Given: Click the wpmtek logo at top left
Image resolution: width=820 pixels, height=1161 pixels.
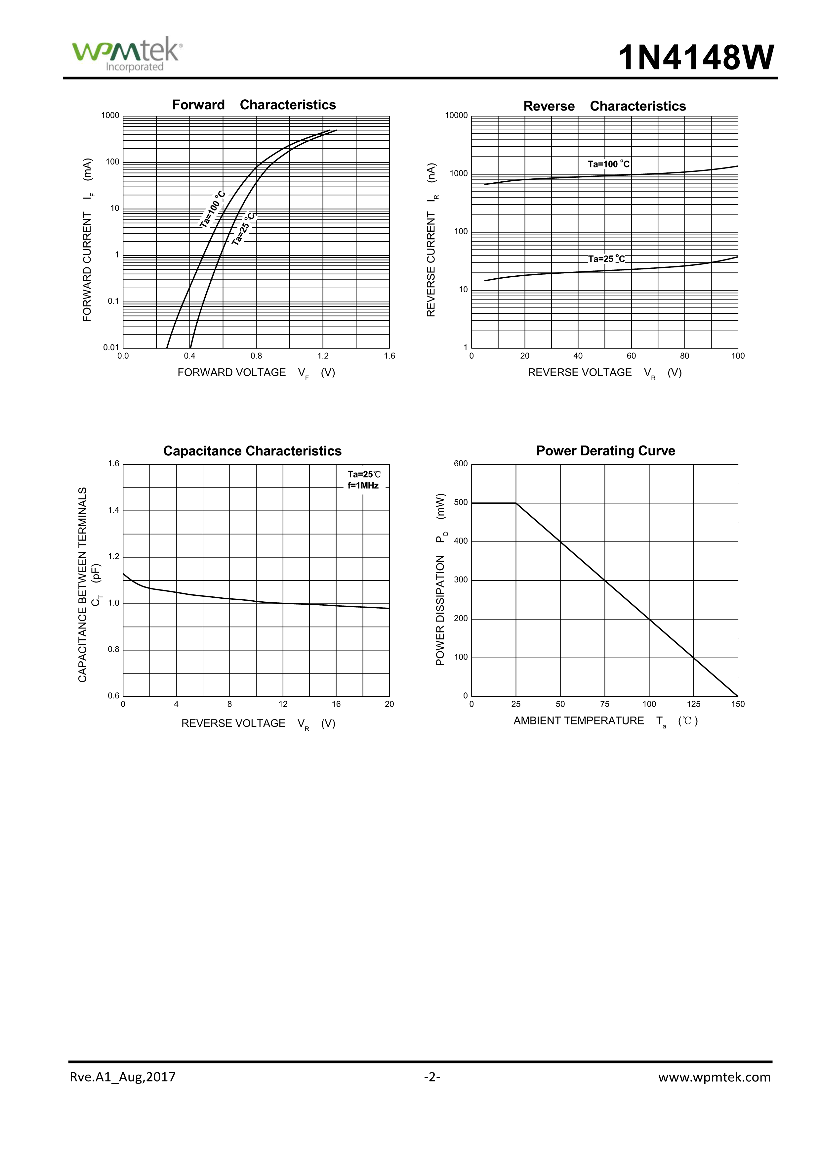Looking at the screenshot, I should (x=127, y=54).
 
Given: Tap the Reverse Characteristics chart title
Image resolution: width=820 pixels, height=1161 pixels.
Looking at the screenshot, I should (x=604, y=106).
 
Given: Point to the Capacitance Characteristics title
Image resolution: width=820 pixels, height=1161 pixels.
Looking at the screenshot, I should (x=252, y=451).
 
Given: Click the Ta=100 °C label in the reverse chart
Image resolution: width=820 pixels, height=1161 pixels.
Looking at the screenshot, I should (x=608, y=164).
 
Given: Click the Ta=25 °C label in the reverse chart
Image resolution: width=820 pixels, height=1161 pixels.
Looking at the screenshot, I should (x=606, y=259).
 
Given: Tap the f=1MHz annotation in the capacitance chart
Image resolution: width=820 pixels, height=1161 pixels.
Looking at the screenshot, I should (x=363, y=486).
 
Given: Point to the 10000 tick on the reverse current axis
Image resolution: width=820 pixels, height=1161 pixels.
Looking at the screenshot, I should (x=456, y=115).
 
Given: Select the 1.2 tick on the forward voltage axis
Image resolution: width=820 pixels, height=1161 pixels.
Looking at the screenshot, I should (x=323, y=356).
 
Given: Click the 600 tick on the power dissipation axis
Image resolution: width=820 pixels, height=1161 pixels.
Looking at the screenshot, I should (x=461, y=464).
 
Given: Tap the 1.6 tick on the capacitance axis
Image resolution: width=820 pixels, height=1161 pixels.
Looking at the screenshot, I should (x=114, y=464).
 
